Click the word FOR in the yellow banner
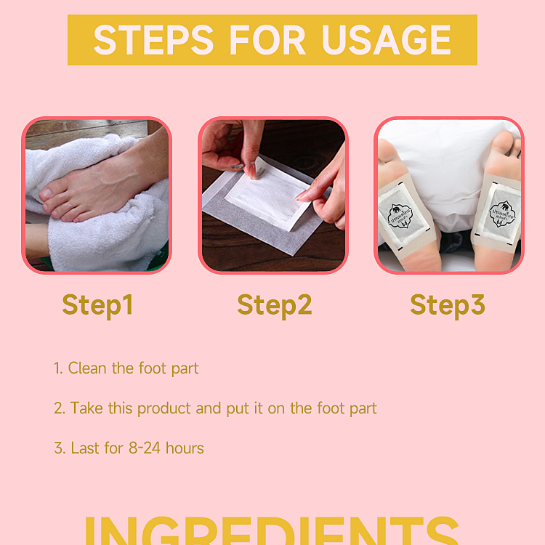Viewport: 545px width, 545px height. click(x=273, y=40)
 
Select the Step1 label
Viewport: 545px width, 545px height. click(x=97, y=305)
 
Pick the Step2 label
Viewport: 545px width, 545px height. click(x=274, y=305)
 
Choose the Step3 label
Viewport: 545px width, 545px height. click(x=447, y=305)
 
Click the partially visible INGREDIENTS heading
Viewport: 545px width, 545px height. click(x=272, y=530)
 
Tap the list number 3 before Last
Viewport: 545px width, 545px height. click(x=58, y=448)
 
